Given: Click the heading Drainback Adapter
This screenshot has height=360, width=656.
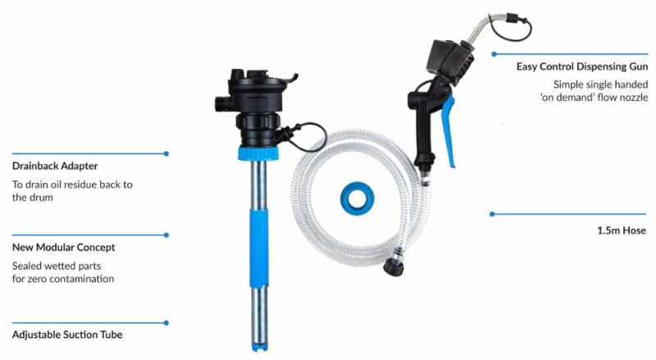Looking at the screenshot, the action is [x=55, y=166].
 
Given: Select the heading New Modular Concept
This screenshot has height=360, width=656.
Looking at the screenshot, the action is [x=64, y=248].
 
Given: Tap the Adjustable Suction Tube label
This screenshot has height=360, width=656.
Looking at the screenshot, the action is [x=67, y=335].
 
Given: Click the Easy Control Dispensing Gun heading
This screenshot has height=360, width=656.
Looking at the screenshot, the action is [x=582, y=67].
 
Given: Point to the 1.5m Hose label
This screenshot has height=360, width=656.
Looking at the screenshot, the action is [x=622, y=230].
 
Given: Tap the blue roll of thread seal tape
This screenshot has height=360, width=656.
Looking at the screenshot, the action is [x=357, y=198].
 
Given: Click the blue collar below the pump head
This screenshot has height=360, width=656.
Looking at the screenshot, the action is [x=258, y=153].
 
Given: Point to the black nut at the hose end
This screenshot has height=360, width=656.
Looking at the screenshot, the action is [x=394, y=267].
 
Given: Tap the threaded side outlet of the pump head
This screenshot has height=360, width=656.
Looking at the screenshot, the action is [x=222, y=104].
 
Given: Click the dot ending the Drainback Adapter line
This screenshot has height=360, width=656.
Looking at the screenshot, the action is [x=166, y=153].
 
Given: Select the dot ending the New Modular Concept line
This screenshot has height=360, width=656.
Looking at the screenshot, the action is [x=166, y=235].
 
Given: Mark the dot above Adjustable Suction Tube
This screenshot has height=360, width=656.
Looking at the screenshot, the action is [x=166, y=323].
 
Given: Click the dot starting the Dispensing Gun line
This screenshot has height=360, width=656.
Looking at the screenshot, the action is [x=494, y=54].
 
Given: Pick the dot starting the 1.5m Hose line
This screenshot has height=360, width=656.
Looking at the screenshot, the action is [x=492, y=214].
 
